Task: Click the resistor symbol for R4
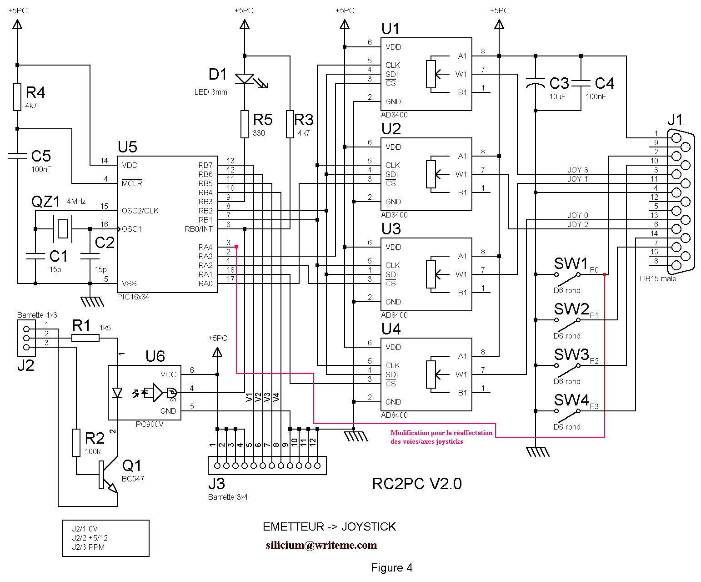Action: [17, 97]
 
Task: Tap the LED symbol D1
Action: [248, 81]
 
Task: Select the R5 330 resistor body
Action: [245, 124]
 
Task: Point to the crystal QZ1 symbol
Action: [62, 229]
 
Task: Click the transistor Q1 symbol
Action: [107, 475]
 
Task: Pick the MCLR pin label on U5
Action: [131, 183]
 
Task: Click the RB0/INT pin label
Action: [198, 229]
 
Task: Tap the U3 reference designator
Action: [391, 229]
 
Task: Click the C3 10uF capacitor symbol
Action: [536, 83]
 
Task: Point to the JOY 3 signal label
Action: [577, 170]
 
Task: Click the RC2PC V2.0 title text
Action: [417, 484]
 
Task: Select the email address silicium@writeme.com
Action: [321, 545]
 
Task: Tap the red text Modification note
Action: [441, 437]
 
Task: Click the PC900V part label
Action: [150, 424]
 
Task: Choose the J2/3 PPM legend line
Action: [88, 547]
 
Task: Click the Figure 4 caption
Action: [391, 567]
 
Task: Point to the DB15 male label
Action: [658, 278]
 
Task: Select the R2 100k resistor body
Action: [76, 443]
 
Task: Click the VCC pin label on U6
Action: [168, 375]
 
